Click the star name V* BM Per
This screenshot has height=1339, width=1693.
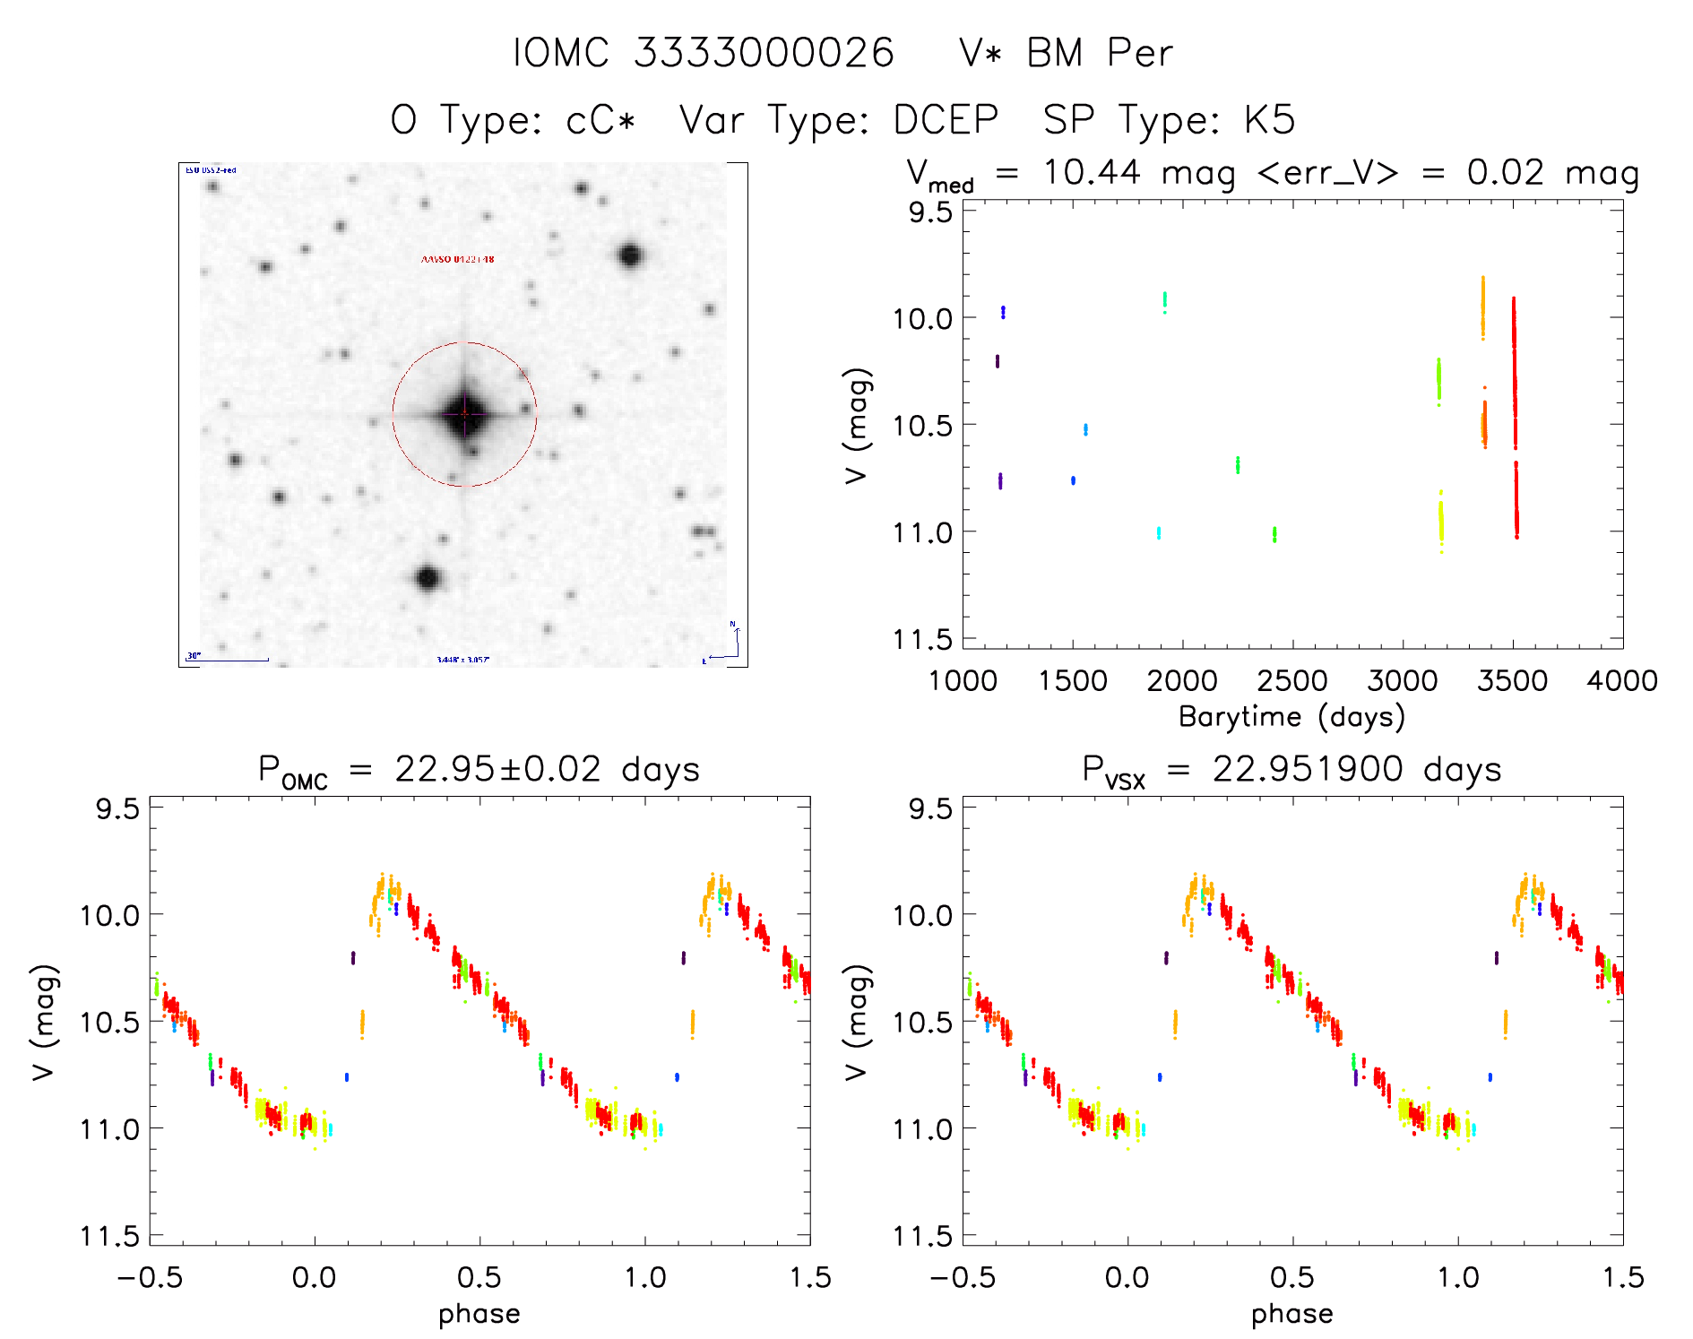1065,53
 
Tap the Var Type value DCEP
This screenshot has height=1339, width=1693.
946,120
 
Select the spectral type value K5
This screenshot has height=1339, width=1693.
1269,120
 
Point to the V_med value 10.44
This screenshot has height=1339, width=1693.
1092,172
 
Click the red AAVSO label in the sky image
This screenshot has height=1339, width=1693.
457,259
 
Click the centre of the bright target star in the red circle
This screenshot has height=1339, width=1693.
464,414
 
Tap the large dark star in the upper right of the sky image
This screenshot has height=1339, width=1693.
630,255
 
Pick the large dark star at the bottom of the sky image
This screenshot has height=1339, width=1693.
428,578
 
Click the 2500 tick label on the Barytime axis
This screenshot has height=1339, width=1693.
1292,681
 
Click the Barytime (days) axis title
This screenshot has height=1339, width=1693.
1291,717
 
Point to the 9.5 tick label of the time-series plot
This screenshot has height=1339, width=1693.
930,212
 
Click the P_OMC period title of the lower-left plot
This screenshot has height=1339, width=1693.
479,771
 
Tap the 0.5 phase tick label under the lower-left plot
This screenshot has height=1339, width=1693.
479,1277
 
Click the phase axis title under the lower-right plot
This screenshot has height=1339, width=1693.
1291,1314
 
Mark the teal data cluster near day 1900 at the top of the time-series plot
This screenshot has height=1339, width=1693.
1164,300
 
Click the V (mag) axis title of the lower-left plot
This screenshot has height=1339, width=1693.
45,1022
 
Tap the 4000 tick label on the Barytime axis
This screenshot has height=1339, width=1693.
1622,681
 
